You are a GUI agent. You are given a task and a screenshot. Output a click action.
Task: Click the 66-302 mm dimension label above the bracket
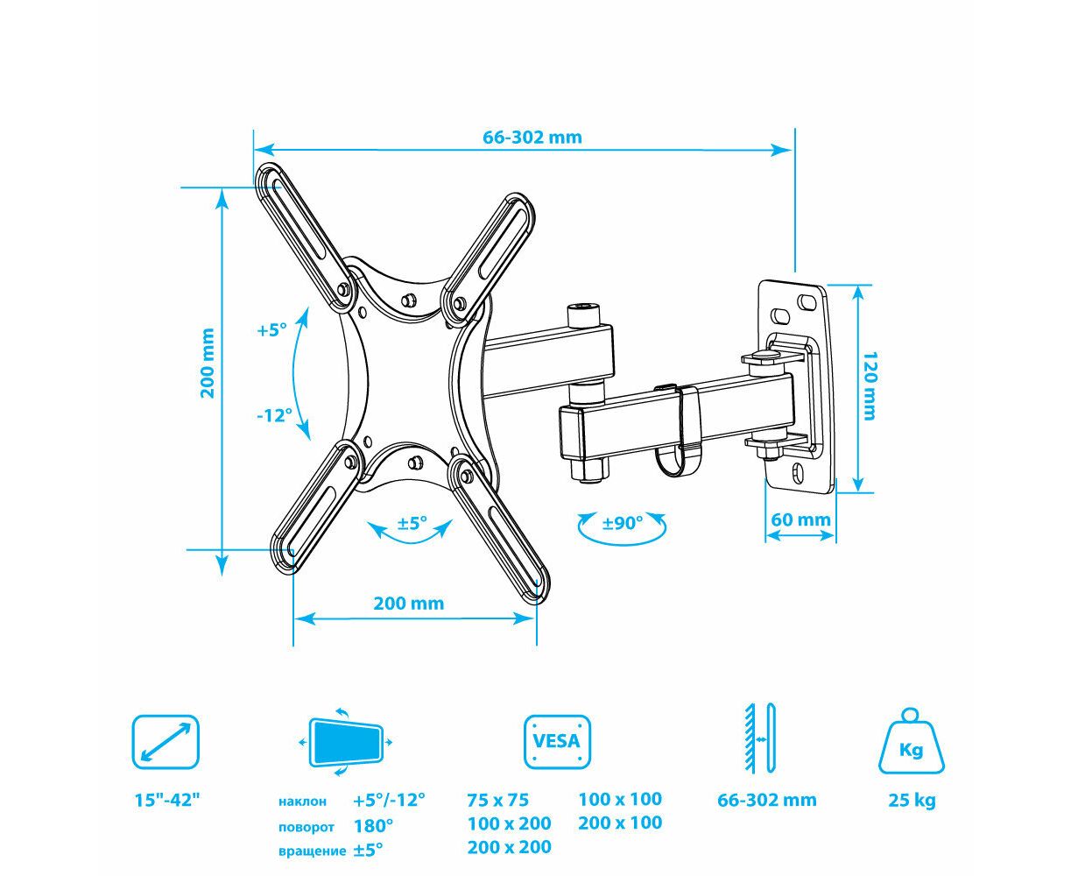click(x=532, y=138)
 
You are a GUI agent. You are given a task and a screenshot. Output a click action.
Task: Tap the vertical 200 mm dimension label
click(x=208, y=364)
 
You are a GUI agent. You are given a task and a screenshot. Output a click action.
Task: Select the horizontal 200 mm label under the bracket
click(x=409, y=604)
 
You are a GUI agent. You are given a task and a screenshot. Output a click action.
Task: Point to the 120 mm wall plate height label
click(x=870, y=385)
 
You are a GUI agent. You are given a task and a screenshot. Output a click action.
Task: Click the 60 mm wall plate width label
click(x=800, y=519)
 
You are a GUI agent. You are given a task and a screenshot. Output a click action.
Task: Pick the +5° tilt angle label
click(x=271, y=330)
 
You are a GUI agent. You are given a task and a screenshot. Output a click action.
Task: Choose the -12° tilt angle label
click(x=275, y=415)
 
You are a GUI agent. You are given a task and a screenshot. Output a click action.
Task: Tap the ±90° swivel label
click(x=622, y=522)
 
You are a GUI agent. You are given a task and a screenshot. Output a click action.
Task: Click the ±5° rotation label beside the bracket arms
click(x=412, y=522)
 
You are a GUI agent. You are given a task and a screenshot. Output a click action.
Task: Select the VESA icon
click(x=557, y=742)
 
